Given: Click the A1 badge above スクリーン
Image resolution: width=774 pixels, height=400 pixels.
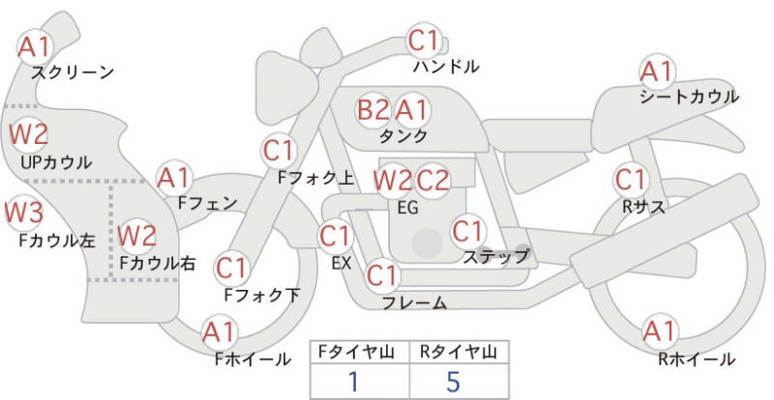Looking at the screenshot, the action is click(35, 47).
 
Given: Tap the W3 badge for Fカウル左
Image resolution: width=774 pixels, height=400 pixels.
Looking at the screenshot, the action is click(23, 213).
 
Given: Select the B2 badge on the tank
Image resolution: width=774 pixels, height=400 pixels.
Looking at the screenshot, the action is click(373, 110).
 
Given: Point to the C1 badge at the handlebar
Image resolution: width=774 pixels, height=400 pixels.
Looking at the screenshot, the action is click(424, 42).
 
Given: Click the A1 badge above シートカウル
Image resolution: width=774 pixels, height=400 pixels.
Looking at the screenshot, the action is click(657, 72).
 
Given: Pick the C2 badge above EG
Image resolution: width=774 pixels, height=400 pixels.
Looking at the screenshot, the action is click(432, 181).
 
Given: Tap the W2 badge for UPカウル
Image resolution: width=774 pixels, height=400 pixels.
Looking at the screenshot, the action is click(29, 134).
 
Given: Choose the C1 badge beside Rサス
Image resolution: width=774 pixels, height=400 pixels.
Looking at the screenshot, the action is click(631, 180).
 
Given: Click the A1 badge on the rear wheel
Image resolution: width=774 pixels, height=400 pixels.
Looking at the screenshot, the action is click(660, 331).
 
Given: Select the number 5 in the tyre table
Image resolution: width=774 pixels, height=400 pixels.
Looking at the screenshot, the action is click(453, 382).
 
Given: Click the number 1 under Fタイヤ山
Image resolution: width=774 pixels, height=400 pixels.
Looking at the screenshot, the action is click(353, 382).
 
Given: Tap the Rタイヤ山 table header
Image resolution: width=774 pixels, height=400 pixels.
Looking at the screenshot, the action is click(459, 352).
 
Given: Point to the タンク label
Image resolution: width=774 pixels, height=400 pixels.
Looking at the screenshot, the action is click(402, 135).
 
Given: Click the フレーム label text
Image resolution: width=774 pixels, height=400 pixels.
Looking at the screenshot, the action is click(415, 302).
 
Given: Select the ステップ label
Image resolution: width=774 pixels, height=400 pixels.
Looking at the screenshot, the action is click(495, 256).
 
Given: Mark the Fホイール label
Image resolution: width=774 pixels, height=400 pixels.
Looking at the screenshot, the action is click(253, 359).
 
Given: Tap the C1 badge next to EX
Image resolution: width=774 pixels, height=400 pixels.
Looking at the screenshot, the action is click(335, 237).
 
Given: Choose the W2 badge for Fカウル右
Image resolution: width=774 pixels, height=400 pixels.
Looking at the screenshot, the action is click(137, 236).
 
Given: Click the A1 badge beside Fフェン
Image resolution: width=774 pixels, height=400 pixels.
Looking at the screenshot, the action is click(174, 179).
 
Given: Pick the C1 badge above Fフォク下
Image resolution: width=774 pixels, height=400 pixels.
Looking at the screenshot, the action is click(231, 269).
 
